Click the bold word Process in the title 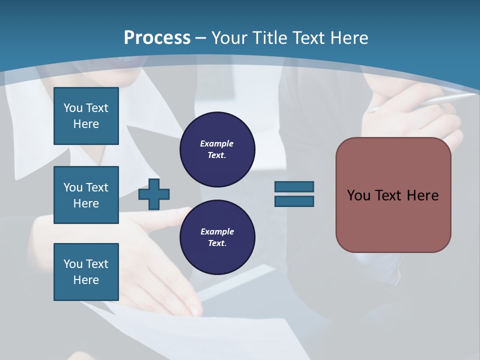157,38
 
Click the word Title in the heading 268,38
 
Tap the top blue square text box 86,116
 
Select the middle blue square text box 86,195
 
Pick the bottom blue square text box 86,272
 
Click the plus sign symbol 154,194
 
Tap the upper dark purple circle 217,149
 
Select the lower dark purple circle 217,237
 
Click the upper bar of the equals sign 294,187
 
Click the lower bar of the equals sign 294,201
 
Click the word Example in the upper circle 216,143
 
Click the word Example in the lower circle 217,231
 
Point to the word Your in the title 228,38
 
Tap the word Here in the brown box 422,195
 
